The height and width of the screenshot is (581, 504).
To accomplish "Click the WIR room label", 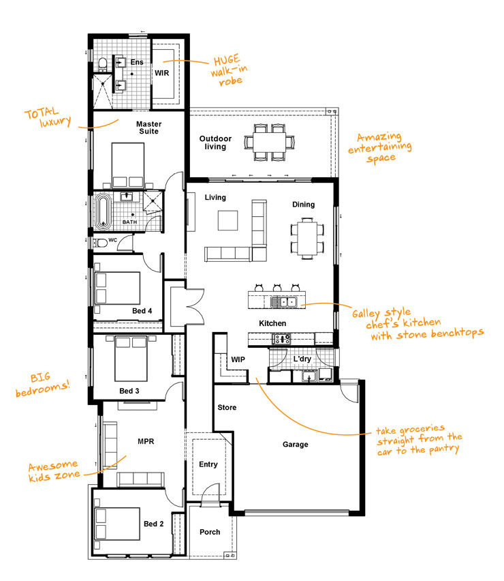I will coord(161,72).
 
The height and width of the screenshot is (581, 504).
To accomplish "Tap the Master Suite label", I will coord(147,128).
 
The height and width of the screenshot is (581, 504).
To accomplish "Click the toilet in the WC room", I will coord(100,242).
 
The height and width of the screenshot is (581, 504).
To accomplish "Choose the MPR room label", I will coord(146,441).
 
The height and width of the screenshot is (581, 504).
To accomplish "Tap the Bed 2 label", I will coord(153,524).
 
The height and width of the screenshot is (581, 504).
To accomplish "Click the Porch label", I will coord(210,532).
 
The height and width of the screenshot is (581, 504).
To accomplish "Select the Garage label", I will coord(295,445).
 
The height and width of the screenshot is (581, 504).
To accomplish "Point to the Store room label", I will coord(227,408).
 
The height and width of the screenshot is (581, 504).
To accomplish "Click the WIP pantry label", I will coord(238,359).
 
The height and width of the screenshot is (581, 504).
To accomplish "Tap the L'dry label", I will coord(302,359).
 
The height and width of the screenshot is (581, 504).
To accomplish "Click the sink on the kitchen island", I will coord(285,301).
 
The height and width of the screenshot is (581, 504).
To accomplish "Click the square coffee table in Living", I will coord(228,220).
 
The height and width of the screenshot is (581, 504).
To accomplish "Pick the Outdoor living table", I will coord(271,142).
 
